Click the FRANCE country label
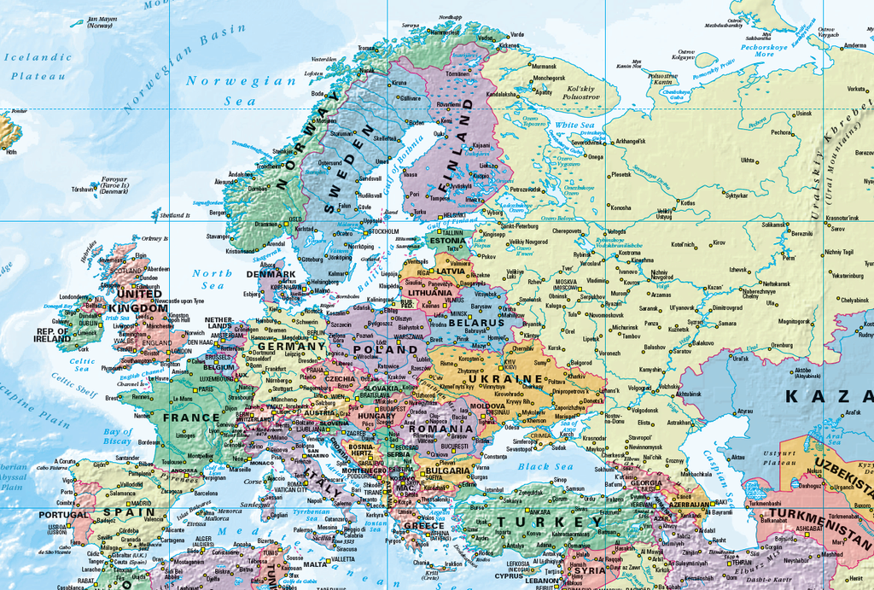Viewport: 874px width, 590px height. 191,418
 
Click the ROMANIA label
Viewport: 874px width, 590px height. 441,429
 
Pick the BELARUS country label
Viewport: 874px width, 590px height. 475,324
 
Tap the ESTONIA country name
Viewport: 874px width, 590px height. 447,241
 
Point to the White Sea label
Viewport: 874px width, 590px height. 574,126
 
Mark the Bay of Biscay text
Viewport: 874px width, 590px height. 118,435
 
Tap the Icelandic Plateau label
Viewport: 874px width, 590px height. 38,66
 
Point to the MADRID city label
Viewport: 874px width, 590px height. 142,503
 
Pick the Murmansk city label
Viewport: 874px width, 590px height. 544,66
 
